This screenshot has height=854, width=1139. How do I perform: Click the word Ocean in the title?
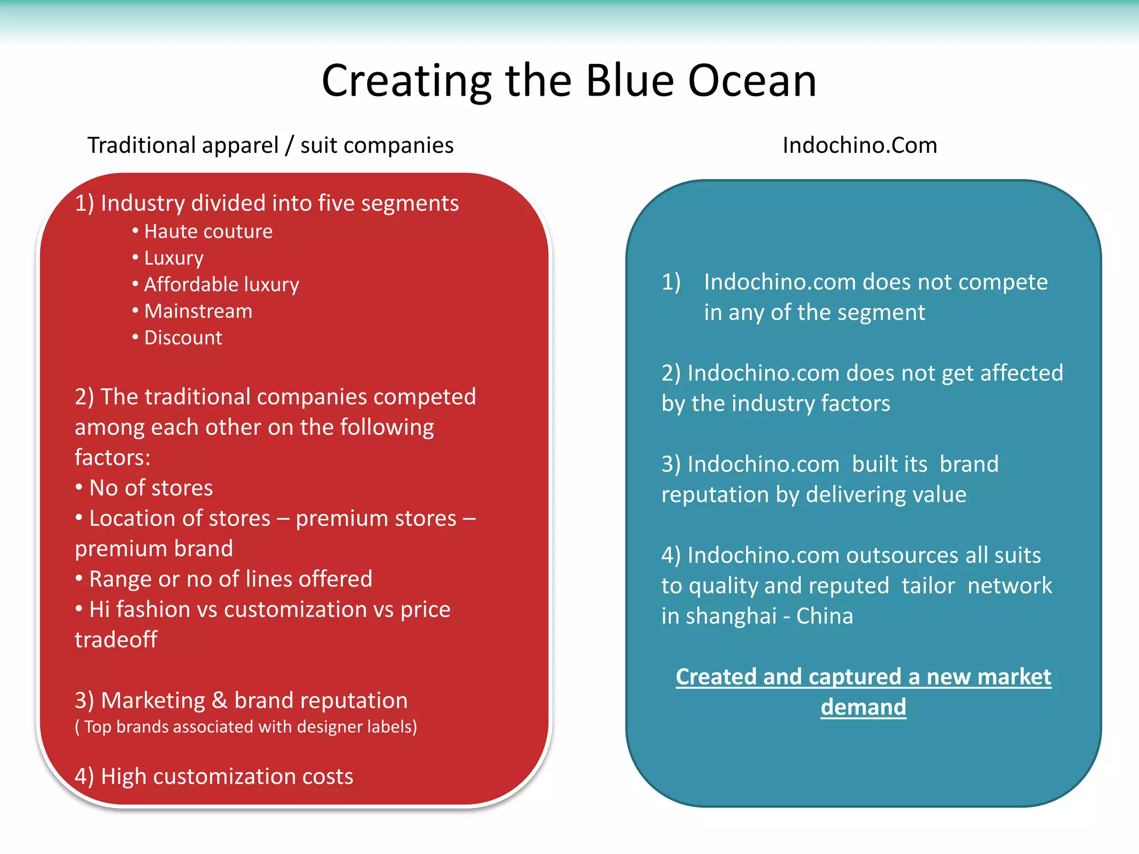tap(752, 81)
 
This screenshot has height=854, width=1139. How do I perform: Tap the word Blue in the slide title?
tap(630, 81)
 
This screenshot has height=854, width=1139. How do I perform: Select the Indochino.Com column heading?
tap(859, 146)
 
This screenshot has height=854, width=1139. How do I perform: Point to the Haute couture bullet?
tap(208, 231)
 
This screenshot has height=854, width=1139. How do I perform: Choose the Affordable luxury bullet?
tap(221, 285)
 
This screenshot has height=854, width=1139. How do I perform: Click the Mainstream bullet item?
tap(198, 311)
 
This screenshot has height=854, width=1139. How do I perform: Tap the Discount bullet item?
tap(183, 338)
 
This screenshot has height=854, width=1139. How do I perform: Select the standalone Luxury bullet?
tap(174, 258)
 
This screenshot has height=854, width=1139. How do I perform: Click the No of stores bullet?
tap(151, 488)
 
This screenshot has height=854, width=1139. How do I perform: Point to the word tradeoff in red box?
tap(116, 640)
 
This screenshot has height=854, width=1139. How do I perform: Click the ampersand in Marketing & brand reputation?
tap(220, 701)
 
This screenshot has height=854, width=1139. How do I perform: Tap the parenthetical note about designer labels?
tap(246, 727)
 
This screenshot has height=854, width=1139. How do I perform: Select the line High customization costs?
tap(214, 777)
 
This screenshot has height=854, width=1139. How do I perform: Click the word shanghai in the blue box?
tap(731, 617)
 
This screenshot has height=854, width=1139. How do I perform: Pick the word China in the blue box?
tap(824, 617)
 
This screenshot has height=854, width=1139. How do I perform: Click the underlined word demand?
tap(863, 707)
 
